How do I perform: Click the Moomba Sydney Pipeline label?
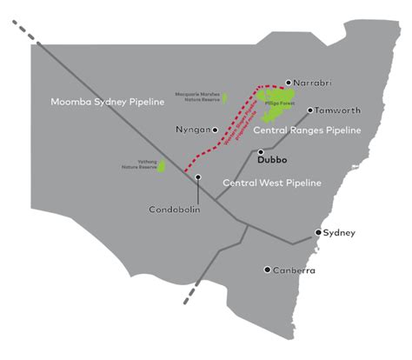(x=107, y=103)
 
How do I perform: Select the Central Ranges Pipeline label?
(x=306, y=131)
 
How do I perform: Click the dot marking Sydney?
(x=319, y=233)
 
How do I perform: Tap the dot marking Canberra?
(x=268, y=270)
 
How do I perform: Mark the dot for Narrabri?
(x=289, y=83)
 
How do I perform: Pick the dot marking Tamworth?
(x=310, y=110)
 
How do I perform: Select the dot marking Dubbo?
(x=260, y=152)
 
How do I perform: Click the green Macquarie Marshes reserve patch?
(x=223, y=98)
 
